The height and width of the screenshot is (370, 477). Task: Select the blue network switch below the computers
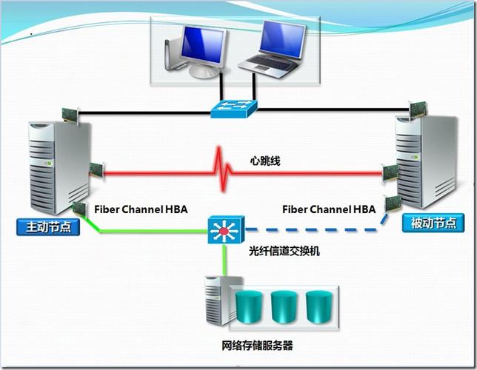[233, 107]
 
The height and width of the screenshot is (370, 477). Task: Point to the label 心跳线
[264, 160]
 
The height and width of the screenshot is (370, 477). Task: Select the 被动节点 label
[428, 223]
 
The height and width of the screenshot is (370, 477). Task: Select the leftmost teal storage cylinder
[250, 306]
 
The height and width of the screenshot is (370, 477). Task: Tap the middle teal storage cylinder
[283, 306]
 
